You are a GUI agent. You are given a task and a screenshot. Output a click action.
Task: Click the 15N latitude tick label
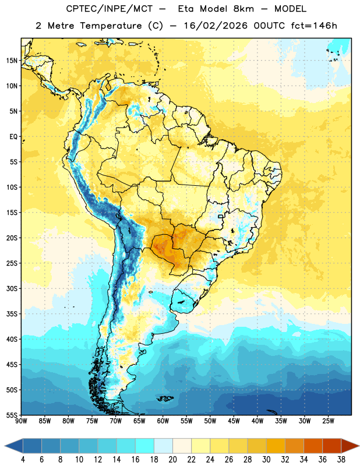pyautogui.click(x=12, y=61)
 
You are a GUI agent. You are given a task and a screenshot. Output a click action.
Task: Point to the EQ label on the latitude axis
pyautogui.click(x=13, y=137)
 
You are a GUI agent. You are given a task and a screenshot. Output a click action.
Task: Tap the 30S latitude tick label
pyautogui.click(x=12, y=288)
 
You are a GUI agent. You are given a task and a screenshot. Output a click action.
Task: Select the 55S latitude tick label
pyautogui.click(x=12, y=415)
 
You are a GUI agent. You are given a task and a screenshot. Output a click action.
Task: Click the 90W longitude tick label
pyautogui.click(x=21, y=421)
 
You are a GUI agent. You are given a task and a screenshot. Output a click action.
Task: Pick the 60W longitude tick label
pyautogui.click(x=163, y=421)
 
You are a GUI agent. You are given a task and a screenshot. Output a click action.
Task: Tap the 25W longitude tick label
pyautogui.click(x=328, y=421)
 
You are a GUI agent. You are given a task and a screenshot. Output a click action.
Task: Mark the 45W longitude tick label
pyautogui.click(x=234, y=421)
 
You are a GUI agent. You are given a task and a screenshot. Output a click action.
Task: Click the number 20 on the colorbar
pyautogui.click(x=172, y=460)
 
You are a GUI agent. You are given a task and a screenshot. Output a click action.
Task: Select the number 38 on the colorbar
pyautogui.click(x=341, y=460)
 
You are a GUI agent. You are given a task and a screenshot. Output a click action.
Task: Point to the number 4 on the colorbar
pyautogui.click(x=23, y=460)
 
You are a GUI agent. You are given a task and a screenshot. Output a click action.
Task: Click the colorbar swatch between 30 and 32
pyautogui.click(x=276, y=446)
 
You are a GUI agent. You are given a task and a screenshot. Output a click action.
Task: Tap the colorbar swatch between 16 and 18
pyautogui.click(x=145, y=446)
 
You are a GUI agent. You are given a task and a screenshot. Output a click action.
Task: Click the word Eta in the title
pyautogui.click(x=186, y=9)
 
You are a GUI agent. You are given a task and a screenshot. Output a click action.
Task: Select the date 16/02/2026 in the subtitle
pyautogui.click(x=216, y=26)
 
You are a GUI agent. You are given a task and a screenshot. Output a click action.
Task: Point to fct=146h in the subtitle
pyautogui.click(x=314, y=26)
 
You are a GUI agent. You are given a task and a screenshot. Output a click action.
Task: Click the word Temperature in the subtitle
pyautogui.click(x=111, y=26)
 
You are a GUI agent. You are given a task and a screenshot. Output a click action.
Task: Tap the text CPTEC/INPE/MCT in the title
pyautogui.click(x=110, y=9)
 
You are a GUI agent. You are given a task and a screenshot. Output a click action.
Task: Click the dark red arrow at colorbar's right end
pyautogui.click(x=350, y=446)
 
